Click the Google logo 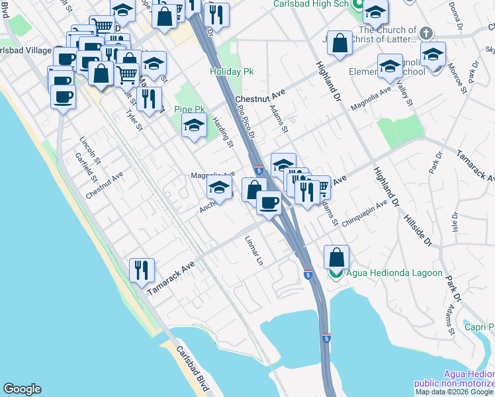(x=22, y=389)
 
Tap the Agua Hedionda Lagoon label (x=394, y=273)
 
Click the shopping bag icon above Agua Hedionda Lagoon (x=337, y=257)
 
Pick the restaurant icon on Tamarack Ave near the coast (x=142, y=269)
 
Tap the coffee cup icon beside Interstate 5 (x=269, y=202)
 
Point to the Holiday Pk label (x=228, y=71)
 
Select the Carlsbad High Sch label (x=311, y=4)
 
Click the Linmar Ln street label (x=254, y=251)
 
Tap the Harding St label (x=223, y=131)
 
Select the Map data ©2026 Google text (x=455, y=392)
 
